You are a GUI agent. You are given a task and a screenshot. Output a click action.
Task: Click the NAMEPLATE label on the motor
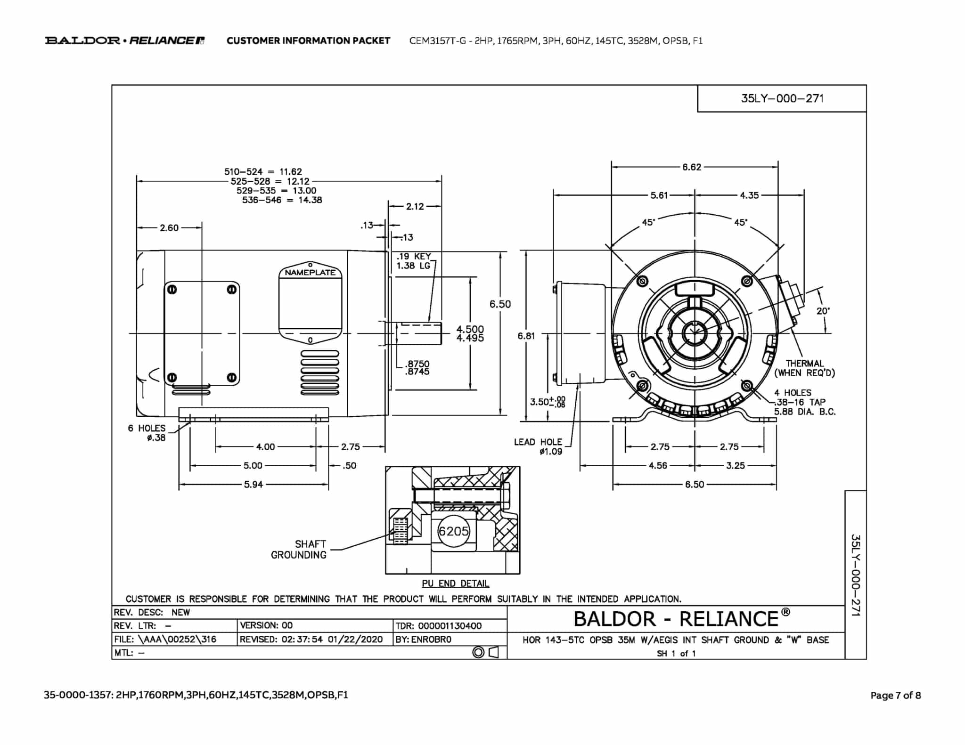(310, 272)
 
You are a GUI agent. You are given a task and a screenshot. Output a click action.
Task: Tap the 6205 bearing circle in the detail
(453, 531)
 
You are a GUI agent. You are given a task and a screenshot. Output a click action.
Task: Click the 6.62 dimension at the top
(692, 167)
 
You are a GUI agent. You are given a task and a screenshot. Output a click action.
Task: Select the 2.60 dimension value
(169, 228)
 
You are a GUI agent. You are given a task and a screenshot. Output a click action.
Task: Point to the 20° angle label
(823, 311)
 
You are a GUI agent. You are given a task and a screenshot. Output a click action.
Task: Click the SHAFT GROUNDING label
(299, 550)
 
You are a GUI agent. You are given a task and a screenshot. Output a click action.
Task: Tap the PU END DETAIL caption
(455, 583)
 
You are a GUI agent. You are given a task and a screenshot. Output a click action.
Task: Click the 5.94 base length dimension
(253, 484)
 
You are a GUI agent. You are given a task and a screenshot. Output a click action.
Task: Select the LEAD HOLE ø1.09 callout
(538, 447)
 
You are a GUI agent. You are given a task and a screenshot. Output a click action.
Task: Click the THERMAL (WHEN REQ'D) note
(804, 368)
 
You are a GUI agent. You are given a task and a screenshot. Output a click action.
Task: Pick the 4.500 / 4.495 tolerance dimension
(470, 333)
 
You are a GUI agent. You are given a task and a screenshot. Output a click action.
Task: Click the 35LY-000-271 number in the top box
(782, 98)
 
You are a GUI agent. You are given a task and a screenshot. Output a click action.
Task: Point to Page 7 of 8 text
(895, 695)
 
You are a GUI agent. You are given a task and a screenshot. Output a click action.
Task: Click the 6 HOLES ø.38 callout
(147, 433)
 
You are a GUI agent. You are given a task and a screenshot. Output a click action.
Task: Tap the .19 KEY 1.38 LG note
(413, 261)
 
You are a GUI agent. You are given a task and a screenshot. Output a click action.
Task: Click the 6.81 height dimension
(526, 336)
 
